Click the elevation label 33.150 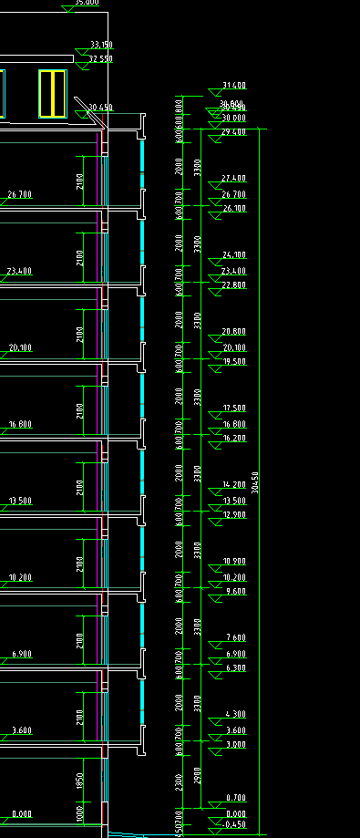pos(101,45)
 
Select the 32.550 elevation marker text pos(101,59)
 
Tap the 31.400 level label pos(234,86)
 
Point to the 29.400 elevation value pos(234,132)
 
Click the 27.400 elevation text pos(234,178)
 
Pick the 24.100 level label pos(234,254)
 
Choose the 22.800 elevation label pos(234,285)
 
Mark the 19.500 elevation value pos(234,362)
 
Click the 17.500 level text pos(234,408)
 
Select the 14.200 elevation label pos(234,484)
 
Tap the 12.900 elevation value pos(234,515)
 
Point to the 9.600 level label pos(234,592)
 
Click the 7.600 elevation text pos(234,637)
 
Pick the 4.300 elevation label pos(234,714)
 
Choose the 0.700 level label pos(234,799)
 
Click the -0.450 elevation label pos(234,824)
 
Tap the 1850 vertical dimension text pos(80,781)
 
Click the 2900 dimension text pos(198,775)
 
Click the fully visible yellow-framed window pos(54,93)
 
